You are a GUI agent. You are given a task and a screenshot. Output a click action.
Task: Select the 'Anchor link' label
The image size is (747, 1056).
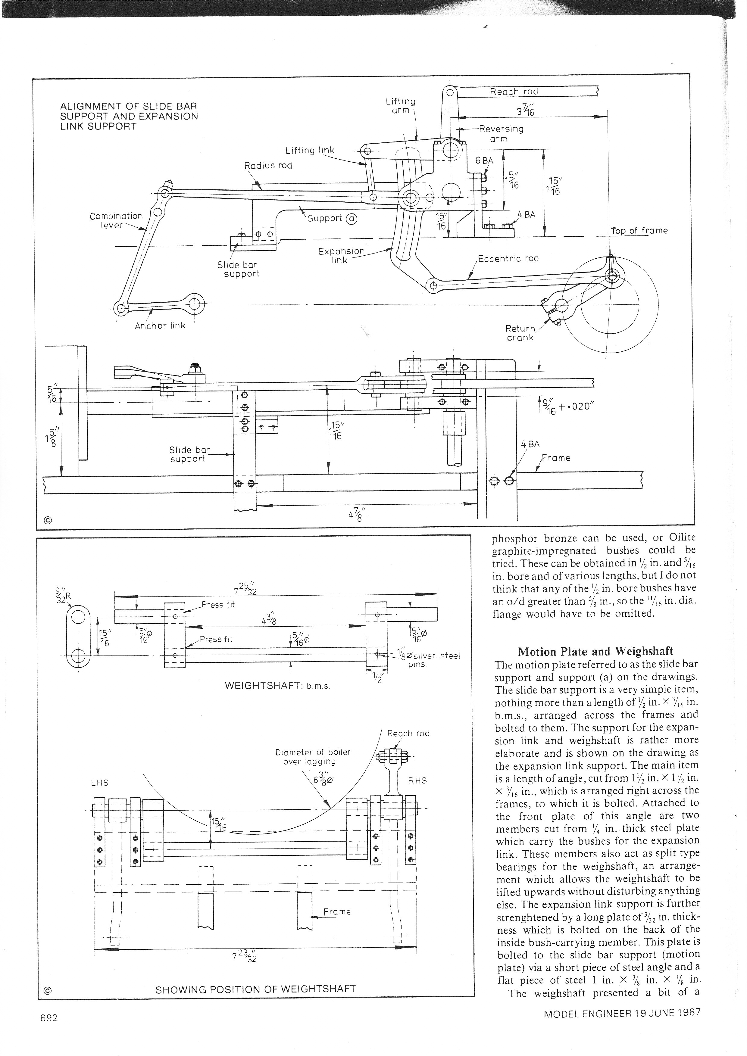coord(160,326)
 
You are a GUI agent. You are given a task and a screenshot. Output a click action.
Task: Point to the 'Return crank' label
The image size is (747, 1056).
coord(520,332)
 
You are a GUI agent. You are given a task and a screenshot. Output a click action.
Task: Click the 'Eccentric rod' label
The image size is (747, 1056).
coord(508,258)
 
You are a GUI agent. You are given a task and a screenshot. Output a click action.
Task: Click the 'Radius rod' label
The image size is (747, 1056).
coord(268,165)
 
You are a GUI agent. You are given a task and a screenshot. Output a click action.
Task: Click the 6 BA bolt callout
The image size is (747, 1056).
coord(484,160)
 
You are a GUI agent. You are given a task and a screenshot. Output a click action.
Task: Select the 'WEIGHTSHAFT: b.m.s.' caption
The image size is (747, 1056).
coord(277,686)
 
